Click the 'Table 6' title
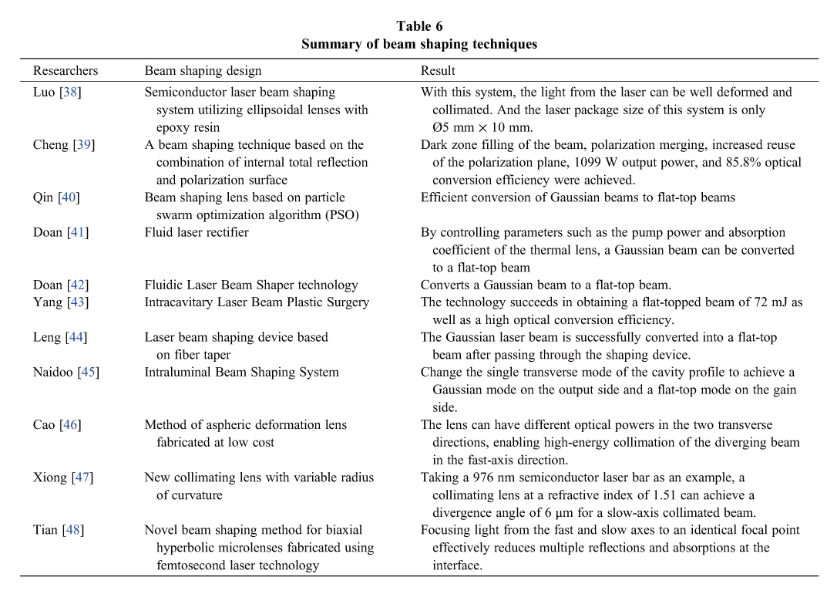tap(419, 26)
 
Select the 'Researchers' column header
tap(66, 71)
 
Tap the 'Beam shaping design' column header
tap(203, 71)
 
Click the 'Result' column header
tap(438, 71)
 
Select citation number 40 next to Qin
tap(69, 197)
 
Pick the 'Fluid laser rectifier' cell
tap(197, 232)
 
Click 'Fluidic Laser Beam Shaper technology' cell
tap(251, 285)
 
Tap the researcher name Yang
tap(48, 302)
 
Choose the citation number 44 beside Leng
tap(76, 337)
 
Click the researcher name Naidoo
tap(53, 373)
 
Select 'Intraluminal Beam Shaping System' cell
tap(241, 373)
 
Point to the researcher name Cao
tap(45, 425)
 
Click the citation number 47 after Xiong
tap(82, 478)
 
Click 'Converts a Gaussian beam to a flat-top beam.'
tap(546, 285)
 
